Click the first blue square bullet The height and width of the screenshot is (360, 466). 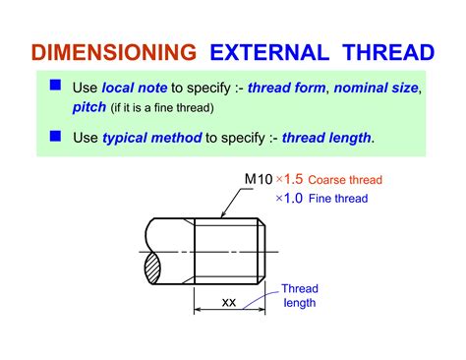(x=55, y=87)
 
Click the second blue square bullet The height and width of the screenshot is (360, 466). (x=55, y=136)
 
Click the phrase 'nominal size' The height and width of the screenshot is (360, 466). (x=377, y=88)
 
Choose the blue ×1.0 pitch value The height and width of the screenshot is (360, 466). (x=289, y=198)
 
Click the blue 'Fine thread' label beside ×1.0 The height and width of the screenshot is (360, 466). (x=339, y=198)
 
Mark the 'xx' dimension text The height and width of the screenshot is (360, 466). (x=229, y=302)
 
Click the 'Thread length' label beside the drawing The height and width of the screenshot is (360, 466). (x=300, y=295)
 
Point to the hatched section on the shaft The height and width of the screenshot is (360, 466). (x=156, y=266)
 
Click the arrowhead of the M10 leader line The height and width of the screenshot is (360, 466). (x=224, y=215)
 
